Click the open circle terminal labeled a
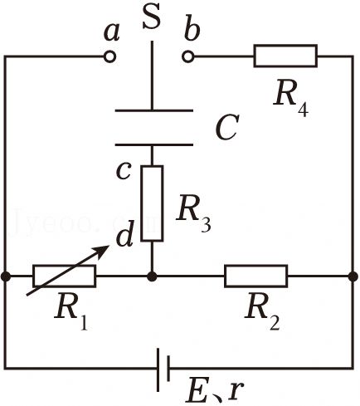coord(109,56)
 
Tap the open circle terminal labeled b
coord(188,56)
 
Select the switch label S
coord(152,17)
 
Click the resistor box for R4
coord(285,56)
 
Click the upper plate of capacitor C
coord(154,110)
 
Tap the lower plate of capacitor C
coord(154,144)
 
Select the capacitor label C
coord(227,128)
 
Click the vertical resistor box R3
coord(152,203)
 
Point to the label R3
coord(193,213)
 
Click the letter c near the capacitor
coord(123,171)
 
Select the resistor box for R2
coord(255,276)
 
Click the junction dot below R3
coord(152,276)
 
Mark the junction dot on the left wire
coord(5,276)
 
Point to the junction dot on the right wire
coord(353,276)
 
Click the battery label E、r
coord(215,391)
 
